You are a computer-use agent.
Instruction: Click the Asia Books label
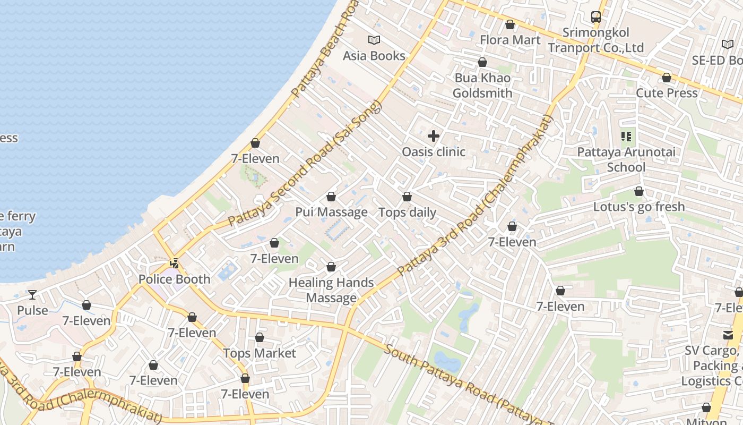pyautogui.click(x=374, y=56)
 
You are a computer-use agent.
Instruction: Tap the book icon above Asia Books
pyautogui.click(x=374, y=40)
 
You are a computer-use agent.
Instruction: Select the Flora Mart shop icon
pyautogui.click(x=510, y=24)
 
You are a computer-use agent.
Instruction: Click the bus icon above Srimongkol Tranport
pyautogui.click(x=596, y=17)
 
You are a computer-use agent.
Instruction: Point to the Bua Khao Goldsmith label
pyautogui.click(x=482, y=86)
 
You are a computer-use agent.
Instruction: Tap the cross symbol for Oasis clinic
pyautogui.click(x=434, y=136)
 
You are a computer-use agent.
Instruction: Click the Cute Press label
pyautogui.click(x=667, y=93)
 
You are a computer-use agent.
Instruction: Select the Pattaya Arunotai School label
pyautogui.click(x=626, y=159)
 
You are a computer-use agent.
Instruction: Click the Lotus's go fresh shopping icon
pyautogui.click(x=639, y=191)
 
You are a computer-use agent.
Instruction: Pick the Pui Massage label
pyautogui.click(x=331, y=212)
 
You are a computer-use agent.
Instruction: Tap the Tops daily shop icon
pyautogui.click(x=407, y=197)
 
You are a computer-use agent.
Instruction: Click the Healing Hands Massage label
pyautogui.click(x=331, y=290)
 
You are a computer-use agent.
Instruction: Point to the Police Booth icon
pyautogui.click(x=174, y=263)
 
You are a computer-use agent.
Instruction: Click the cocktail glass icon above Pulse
pyautogui.click(x=32, y=294)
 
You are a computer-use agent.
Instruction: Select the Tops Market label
pyautogui.click(x=260, y=353)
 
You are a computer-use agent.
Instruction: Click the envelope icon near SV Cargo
pyautogui.click(x=728, y=335)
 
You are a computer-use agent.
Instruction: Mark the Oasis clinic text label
pyautogui.click(x=434, y=152)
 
